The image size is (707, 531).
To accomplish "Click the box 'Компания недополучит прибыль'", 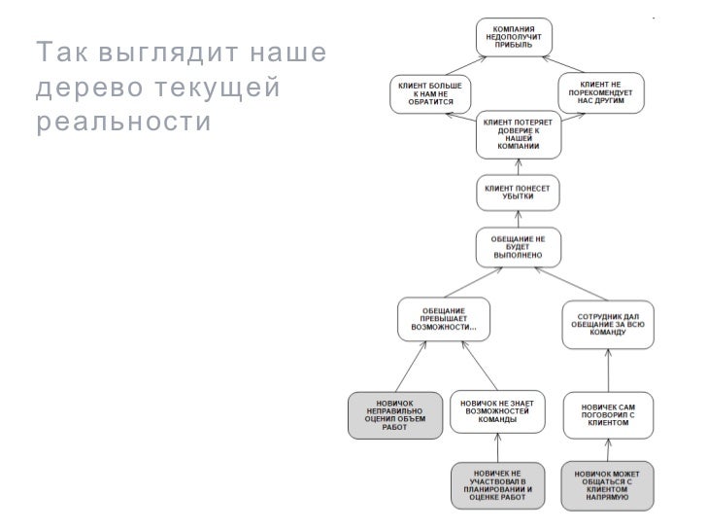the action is (514, 37).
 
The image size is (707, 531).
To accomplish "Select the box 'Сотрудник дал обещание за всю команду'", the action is (607, 324).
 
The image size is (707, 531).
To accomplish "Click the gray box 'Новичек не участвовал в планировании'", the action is (498, 484).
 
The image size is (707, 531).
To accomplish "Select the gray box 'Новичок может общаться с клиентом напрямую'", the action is (607, 484).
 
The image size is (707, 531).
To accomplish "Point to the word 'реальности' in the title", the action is (123, 124).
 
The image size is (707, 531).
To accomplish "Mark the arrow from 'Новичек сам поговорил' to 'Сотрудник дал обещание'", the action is (607, 372).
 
